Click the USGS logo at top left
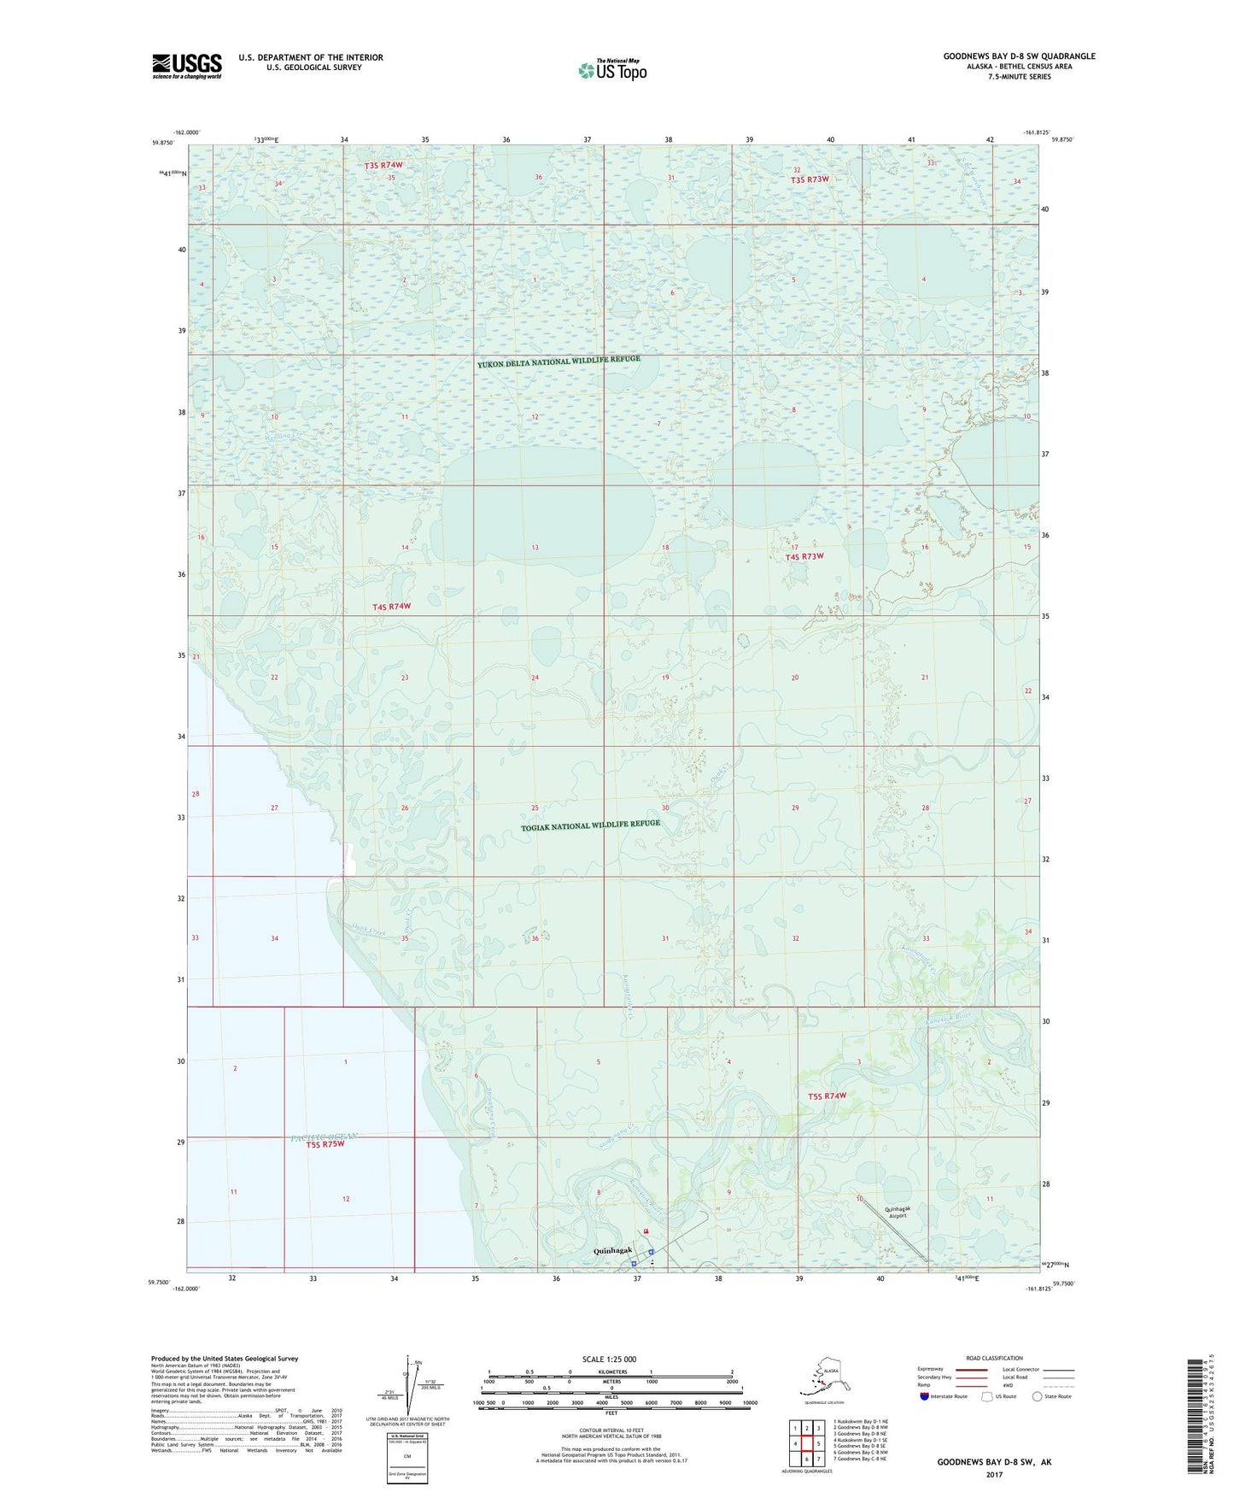click(x=187, y=66)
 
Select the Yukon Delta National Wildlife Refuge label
click(x=559, y=362)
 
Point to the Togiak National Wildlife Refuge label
click(x=591, y=825)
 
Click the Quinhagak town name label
click(x=612, y=1251)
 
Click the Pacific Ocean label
click(x=324, y=1136)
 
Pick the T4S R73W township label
click(x=804, y=556)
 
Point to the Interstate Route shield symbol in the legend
click(x=924, y=1396)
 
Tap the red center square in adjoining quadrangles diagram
click(x=806, y=1444)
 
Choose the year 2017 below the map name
click(x=994, y=1474)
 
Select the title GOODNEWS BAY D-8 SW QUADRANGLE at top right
click(x=1019, y=56)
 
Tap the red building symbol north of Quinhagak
click(x=646, y=1231)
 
